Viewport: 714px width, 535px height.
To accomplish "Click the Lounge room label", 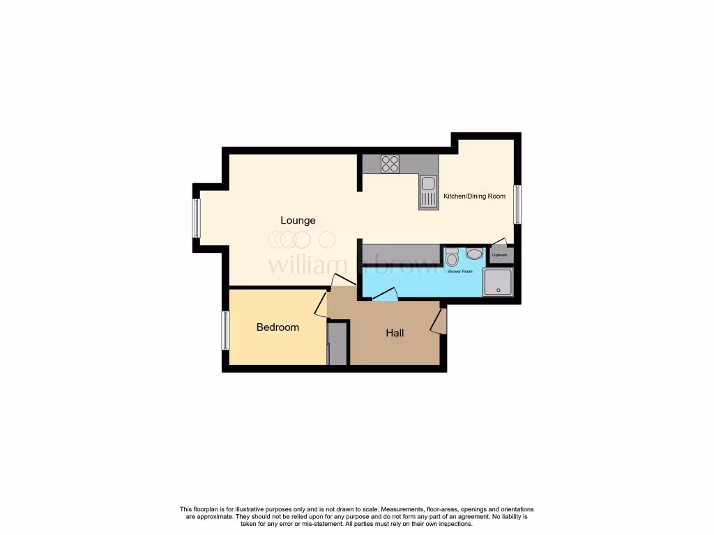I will coord(298,220).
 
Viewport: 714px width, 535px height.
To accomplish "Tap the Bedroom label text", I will coord(278,327).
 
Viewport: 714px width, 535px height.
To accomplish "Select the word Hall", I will coord(395,333).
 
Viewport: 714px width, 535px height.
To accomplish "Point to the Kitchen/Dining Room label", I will coord(474,196).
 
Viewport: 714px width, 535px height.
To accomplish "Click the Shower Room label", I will coord(460,272).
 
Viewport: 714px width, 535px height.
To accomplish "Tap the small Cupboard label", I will coord(499,255).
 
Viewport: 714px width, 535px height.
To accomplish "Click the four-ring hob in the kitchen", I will coord(390,164).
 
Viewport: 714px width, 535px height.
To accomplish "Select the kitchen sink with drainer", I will coord(428,192).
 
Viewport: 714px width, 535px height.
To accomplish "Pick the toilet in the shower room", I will coord(451,258).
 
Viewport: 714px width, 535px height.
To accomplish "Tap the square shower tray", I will coord(498,282).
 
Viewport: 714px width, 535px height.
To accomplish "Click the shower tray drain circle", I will coord(498,290).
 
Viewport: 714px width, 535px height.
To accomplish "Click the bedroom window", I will coord(226,330).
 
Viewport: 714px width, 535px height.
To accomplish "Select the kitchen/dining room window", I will coord(517,204).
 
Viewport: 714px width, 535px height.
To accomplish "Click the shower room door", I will coord(384,298).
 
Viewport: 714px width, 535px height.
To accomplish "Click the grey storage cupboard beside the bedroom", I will coord(337,343).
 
